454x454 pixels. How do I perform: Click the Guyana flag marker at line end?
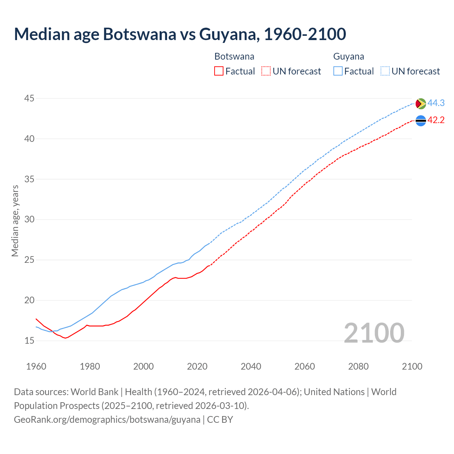point(421,104)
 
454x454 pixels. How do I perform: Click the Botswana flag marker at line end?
point(421,121)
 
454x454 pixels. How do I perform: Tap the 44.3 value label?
point(436,103)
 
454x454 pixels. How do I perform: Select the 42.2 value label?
point(436,120)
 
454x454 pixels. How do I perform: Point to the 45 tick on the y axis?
point(29,98)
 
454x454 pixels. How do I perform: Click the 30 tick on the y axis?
point(29,220)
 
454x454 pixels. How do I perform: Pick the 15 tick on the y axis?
point(29,341)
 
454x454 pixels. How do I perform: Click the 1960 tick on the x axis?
point(36,366)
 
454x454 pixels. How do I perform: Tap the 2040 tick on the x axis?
point(251,366)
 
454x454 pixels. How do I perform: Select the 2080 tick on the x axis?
point(358,366)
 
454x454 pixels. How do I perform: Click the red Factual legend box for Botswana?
point(219,71)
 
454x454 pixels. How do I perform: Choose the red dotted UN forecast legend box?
point(266,71)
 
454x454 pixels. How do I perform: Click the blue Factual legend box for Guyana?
point(338,71)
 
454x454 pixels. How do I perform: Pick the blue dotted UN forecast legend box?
point(385,71)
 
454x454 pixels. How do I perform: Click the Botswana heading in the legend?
point(234,56)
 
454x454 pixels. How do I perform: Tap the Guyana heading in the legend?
point(349,56)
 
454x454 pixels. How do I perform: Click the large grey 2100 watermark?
point(374,333)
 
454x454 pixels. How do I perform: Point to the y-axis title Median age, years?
point(15,221)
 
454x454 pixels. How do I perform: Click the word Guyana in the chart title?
point(228,34)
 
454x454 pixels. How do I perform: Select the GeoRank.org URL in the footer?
point(107,420)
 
